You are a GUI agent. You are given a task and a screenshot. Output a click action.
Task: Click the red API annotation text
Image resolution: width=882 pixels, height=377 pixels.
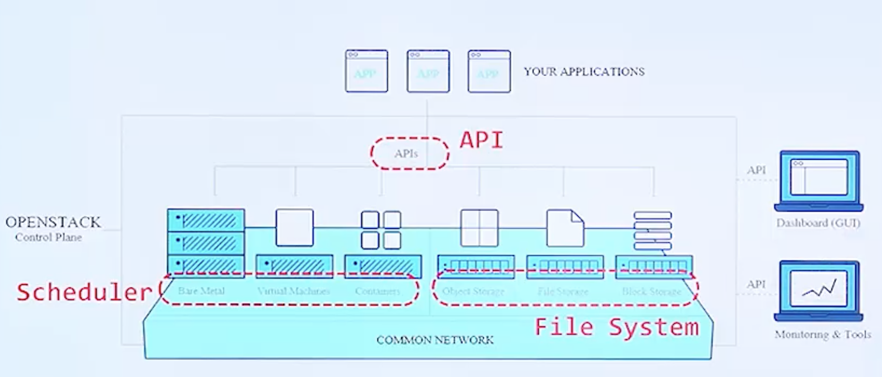tap(481, 140)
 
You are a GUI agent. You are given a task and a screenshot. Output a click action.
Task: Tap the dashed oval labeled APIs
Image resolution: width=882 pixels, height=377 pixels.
tap(409, 153)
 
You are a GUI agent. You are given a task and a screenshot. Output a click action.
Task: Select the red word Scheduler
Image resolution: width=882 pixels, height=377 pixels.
tap(84, 292)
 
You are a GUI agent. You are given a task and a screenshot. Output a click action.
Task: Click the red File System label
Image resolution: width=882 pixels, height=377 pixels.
tap(616, 328)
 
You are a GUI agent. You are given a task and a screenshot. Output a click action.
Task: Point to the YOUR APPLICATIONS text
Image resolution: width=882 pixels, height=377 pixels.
tap(584, 72)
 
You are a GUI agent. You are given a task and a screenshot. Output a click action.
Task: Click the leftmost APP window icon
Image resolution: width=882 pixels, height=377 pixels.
tap(366, 71)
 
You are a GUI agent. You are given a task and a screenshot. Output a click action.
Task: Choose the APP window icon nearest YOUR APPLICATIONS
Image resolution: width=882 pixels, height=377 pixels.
tap(489, 71)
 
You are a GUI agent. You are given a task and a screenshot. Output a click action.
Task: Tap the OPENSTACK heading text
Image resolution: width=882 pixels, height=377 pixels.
tap(53, 222)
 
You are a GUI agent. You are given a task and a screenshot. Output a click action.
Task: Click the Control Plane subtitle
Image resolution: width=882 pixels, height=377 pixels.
tap(48, 237)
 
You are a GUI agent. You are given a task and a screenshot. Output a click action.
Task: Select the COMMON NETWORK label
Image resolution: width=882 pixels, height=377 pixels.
tap(435, 340)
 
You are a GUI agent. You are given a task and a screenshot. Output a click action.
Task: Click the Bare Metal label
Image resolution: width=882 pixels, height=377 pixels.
tap(201, 291)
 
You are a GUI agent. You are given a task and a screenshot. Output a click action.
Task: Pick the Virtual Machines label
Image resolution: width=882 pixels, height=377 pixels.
tap(293, 291)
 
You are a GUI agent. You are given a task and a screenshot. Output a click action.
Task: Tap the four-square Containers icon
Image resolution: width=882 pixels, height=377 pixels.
tap(381, 230)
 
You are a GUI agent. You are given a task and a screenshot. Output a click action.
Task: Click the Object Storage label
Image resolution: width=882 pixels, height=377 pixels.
tap(473, 291)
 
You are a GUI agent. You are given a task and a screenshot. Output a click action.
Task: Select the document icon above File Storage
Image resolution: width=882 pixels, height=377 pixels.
tap(565, 228)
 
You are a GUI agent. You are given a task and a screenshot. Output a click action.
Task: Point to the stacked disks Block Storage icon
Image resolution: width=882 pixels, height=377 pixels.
tap(652, 231)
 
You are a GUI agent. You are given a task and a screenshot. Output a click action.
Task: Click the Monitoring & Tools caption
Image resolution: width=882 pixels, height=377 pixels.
tap(823, 334)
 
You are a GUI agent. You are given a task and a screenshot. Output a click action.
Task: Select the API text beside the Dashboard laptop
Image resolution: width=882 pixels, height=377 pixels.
tap(756, 170)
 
